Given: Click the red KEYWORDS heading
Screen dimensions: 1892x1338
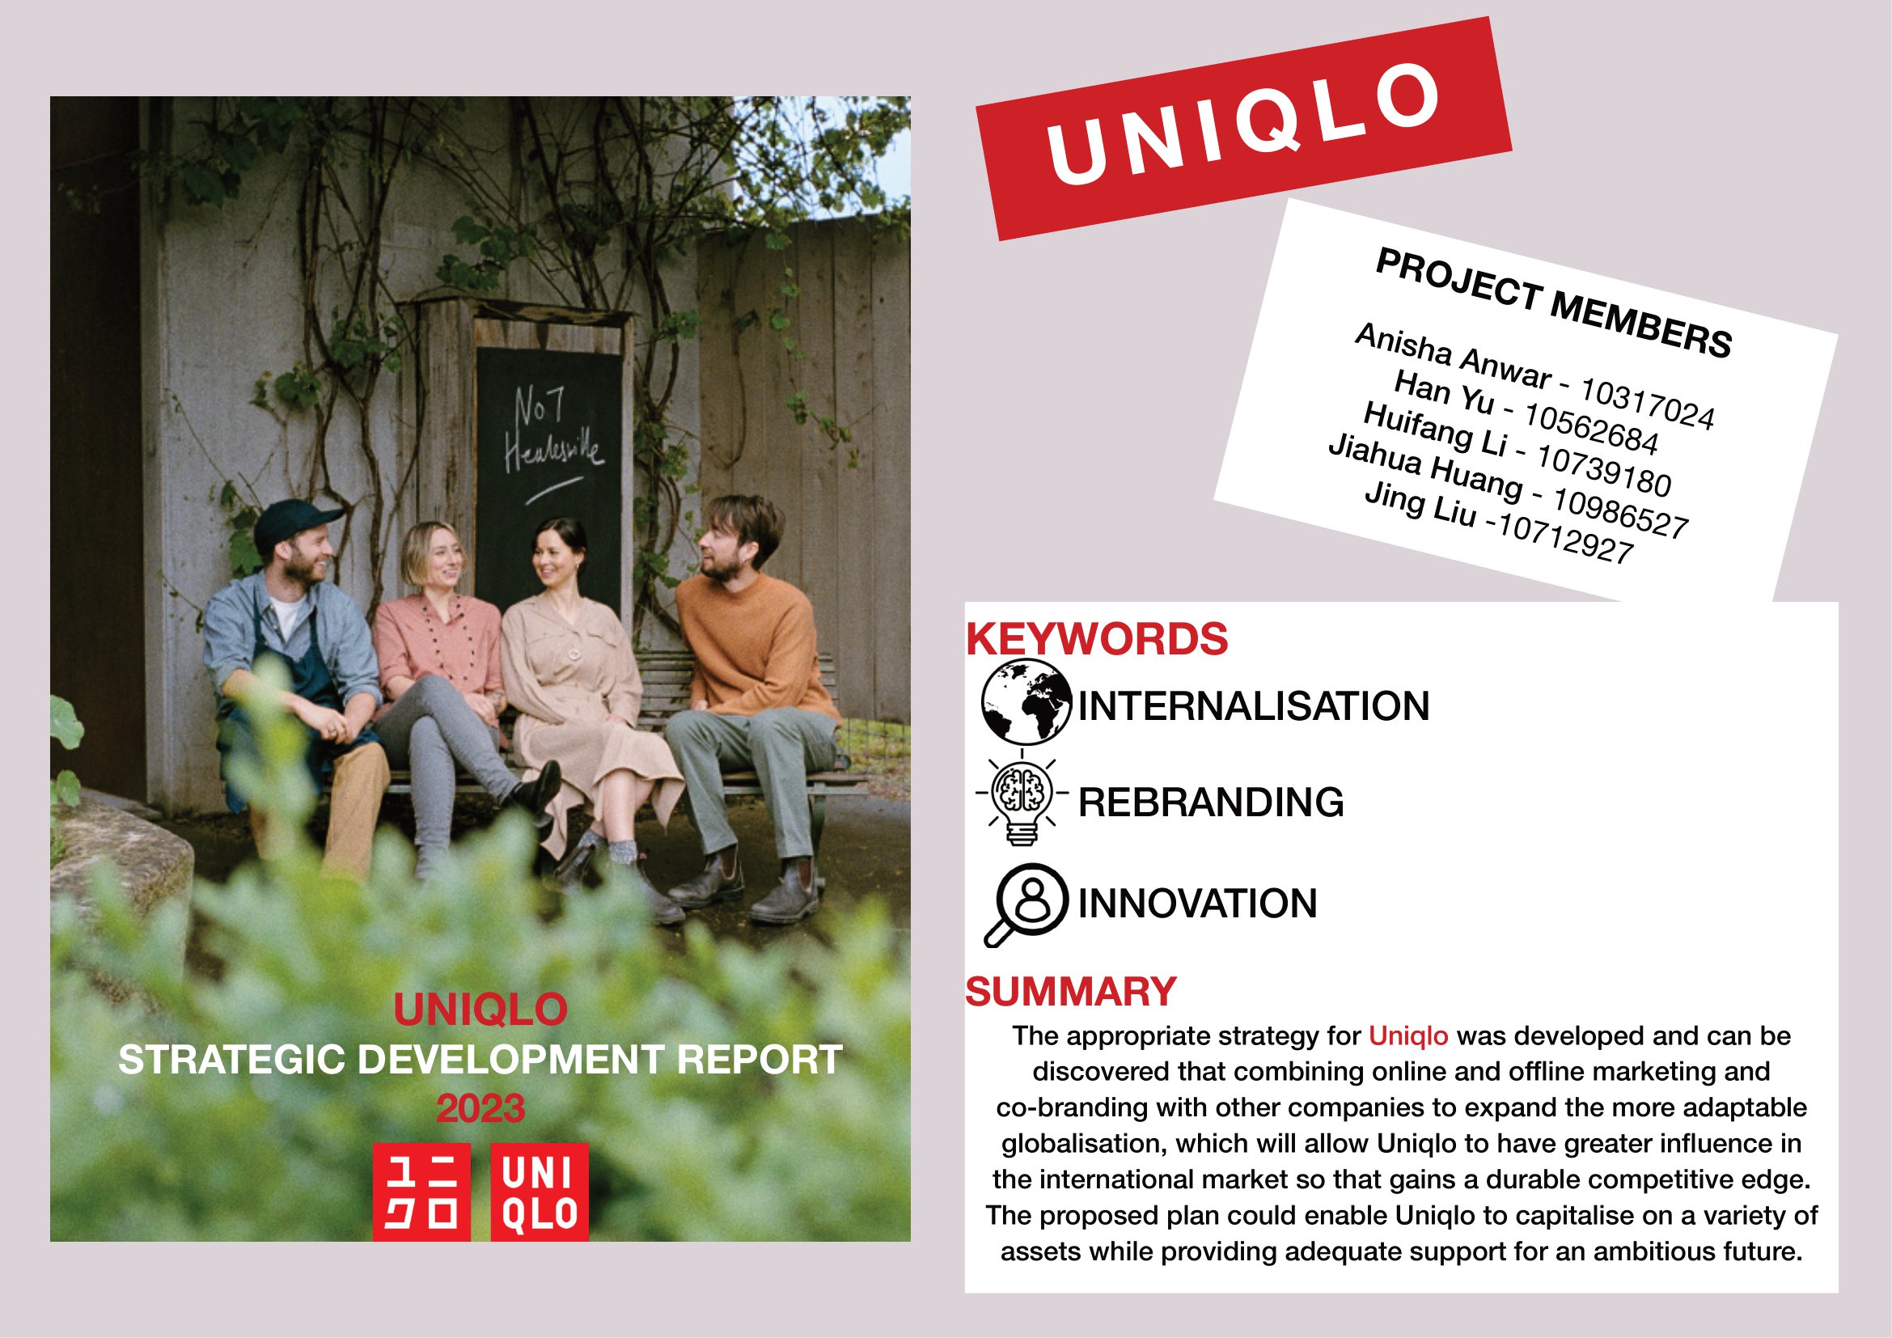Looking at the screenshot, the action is click(1097, 639).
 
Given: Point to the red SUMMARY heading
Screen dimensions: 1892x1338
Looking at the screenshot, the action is click(1070, 992).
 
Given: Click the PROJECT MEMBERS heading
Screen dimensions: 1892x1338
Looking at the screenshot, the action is click(1554, 303).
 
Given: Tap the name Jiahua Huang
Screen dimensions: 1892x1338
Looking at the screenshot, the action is click(1425, 467).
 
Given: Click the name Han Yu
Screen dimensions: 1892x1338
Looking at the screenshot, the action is click(1444, 392).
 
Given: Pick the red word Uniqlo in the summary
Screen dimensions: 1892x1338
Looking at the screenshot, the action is click(1408, 1035).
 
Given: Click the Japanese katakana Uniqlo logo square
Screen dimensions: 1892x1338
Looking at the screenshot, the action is click(421, 1192).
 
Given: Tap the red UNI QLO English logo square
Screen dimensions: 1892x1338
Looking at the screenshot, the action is click(540, 1192).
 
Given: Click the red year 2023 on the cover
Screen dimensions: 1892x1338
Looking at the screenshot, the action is click(480, 1109).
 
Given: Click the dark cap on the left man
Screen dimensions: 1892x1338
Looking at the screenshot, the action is click(295, 524).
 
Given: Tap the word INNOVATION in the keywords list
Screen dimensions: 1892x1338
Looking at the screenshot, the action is click(1197, 904).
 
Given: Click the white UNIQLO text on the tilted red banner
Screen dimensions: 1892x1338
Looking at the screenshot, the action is click(1243, 124).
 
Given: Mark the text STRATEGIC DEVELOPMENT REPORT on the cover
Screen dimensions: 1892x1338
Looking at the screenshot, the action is click(480, 1060).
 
